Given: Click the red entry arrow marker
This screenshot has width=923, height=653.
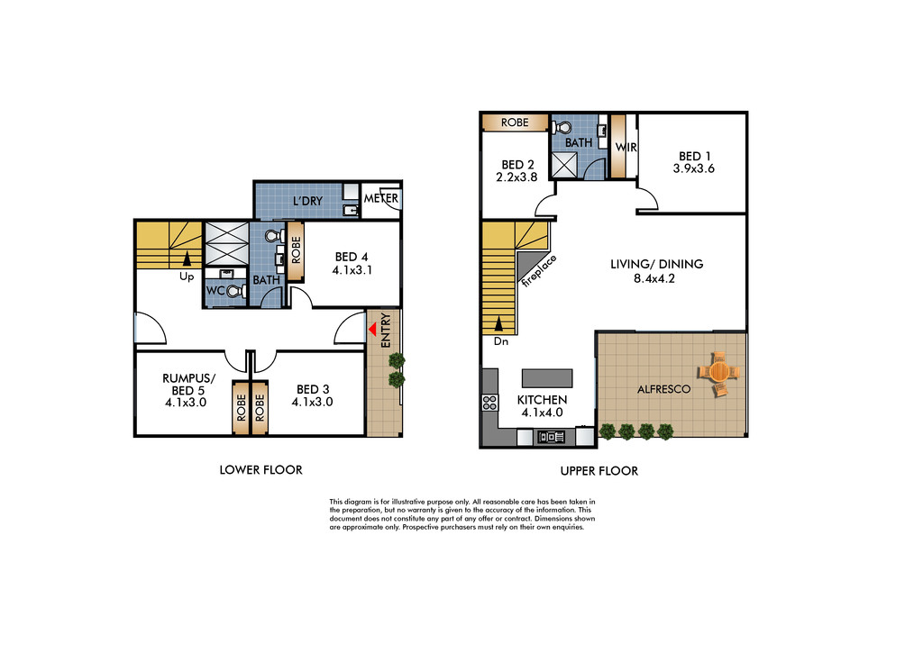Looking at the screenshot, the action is (372, 330).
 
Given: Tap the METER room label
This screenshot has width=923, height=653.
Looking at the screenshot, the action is (381, 199).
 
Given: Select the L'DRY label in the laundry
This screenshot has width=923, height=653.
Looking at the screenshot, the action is (308, 201).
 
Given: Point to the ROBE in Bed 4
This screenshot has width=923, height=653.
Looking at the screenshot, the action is (296, 250).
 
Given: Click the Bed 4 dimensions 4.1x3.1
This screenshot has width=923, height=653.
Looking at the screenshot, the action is (352, 270).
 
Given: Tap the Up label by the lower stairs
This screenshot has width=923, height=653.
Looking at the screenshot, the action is (187, 277).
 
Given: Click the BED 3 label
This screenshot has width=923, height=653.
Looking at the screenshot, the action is (313, 389).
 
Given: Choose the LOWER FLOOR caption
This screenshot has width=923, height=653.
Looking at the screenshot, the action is (260, 470).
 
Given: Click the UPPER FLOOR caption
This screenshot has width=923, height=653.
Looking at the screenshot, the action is (599, 471).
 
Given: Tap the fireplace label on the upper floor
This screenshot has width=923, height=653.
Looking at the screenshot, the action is (539, 270).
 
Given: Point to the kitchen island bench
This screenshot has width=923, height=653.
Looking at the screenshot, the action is (547, 378).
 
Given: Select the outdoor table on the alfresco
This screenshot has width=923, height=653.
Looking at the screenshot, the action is (718, 372).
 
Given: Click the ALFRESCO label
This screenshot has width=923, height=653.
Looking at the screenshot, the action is (664, 389).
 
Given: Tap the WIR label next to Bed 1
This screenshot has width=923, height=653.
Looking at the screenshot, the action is (626, 148).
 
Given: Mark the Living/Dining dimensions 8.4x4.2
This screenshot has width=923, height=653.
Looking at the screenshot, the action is (654, 279).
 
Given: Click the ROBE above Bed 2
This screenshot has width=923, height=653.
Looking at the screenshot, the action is (515, 122).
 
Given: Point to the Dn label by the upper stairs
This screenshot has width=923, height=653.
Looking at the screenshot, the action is (501, 341).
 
